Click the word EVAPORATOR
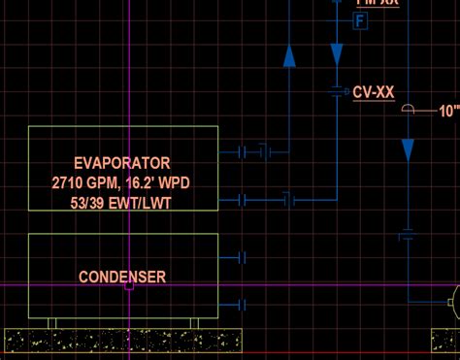tap(122, 163)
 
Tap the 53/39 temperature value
tap(91, 202)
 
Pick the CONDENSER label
tap(122, 277)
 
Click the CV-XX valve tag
tap(373, 92)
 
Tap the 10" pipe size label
tap(449, 111)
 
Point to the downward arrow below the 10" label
tap(408, 149)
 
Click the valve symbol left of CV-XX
tap(337, 91)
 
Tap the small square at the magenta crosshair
tap(129, 285)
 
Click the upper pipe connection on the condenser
tap(242, 258)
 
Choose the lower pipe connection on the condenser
tap(242, 304)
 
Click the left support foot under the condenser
tap(53, 322)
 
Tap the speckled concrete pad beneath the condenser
tap(122, 340)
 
